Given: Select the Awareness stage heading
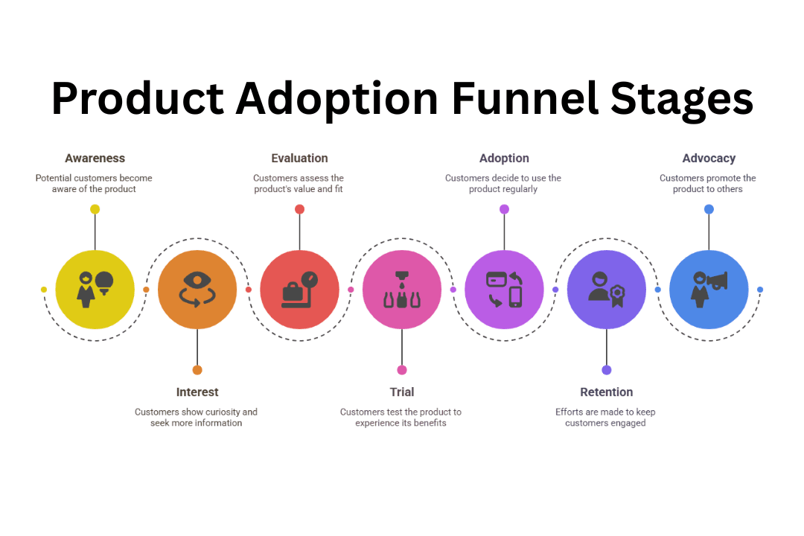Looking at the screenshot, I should pos(95,159).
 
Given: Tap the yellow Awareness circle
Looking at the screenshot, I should pos(95,290).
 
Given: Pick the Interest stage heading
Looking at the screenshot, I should pos(197,392).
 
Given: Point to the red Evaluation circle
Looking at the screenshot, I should pos(299,290).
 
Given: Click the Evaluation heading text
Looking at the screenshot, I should pos(299,159).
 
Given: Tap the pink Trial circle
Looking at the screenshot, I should pos(402,290).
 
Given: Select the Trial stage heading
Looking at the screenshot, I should pos(402,392).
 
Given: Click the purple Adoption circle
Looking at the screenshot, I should pos(504,290).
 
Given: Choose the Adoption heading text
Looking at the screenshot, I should pos(504,159).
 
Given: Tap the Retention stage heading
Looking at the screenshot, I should pos(607,392).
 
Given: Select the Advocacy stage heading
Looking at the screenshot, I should pos(709,159).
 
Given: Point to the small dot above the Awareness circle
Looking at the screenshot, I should pos(95,209).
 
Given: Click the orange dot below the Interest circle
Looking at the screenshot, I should pos(197,370).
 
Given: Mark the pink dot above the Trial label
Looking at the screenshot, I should pos(402,370).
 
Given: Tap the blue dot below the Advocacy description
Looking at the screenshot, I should pos(709,209).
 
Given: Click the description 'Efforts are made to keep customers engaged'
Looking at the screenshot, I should pos(605,418).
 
